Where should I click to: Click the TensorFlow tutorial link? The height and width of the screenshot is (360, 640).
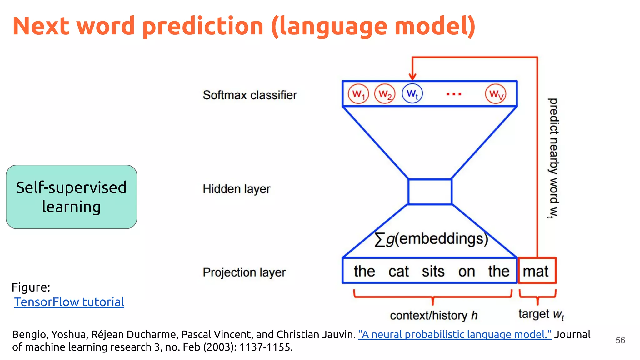pyautogui.click(x=69, y=302)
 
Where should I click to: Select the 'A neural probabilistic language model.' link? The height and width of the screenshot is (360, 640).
pyautogui.click(x=455, y=334)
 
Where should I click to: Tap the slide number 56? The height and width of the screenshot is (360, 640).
pyautogui.click(x=620, y=340)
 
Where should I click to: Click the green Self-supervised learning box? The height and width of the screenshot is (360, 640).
pyautogui.click(x=72, y=197)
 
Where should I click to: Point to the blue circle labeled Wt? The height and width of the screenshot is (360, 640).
pyautogui.click(x=412, y=93)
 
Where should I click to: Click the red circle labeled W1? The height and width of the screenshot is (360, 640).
pyautogui.click(x=358, y=94)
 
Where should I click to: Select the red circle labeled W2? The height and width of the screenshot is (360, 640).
pyautogui.click(x=385, y=94)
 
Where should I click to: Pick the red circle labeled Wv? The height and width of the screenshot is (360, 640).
pyautogui.click(x=496, y=94)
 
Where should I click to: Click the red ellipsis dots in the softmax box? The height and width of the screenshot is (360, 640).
pyautogui.click(x=454, y=94)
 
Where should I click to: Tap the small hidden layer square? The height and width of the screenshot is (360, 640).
pyautogui.click(x=430, y=192)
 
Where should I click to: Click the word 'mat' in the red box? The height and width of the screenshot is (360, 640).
pyautogui.click(x=536, y=271)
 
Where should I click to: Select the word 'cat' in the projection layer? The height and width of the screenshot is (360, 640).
pyautogui.click(x=398, y=271)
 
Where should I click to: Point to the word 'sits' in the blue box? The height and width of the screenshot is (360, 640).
pyautogui.click(x=433, y=271)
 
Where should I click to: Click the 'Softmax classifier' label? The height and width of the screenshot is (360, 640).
pyautogui.click(x=250, y=95)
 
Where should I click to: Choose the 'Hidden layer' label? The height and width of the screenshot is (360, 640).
pyautogui.click(x=237, y=189)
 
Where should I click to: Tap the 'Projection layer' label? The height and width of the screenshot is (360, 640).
pyautogui.click(x=244, y=272)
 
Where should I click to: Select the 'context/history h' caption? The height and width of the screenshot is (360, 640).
pyautogui.click(x=434, y=315)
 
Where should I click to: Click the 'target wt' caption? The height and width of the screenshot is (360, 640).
pyautogui.click(x=541, y=314)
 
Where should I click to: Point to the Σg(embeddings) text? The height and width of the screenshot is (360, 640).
pyautogui.click(x=431, y=239)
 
